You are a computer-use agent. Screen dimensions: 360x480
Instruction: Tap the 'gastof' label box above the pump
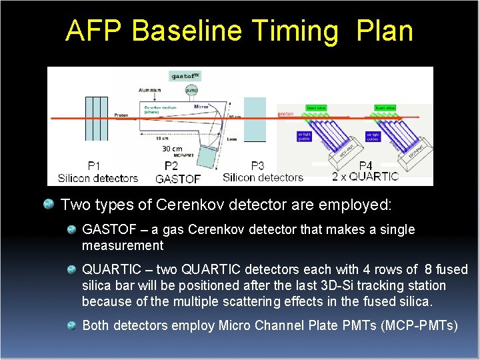tap(185, 76)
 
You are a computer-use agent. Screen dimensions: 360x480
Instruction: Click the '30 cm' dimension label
tap(172, 149)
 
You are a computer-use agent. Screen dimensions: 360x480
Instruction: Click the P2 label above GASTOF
tap(171, 166)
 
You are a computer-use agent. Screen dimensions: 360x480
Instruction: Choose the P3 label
tap(257, 166)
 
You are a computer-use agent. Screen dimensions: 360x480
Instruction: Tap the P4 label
tap(365, 165)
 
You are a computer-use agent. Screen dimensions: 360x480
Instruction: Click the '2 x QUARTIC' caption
tap(365, 177)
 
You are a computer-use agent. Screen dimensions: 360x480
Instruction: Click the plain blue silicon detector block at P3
tap(254, 120)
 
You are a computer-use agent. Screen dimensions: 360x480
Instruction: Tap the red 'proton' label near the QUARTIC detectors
tap(285, 114)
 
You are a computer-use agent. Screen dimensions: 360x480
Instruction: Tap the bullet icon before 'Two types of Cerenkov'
tap(49, 203)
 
